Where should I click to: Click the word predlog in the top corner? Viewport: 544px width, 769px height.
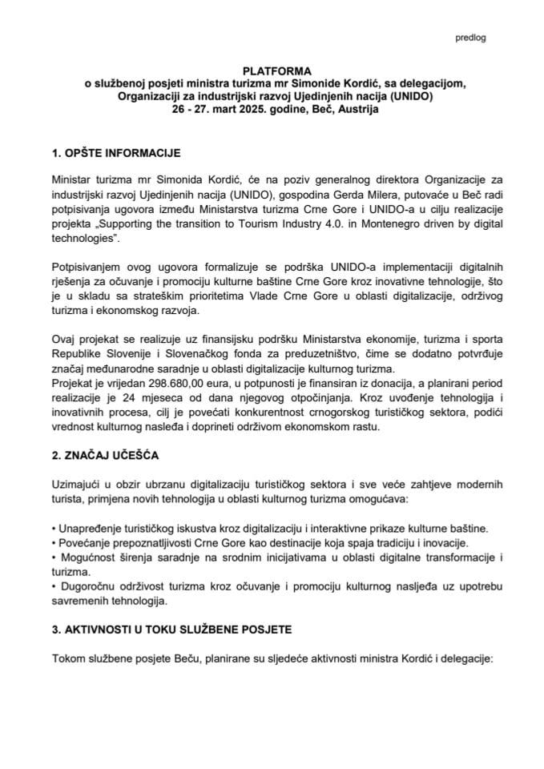[470, 37]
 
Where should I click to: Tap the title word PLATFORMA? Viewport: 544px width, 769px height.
[271, 71]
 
